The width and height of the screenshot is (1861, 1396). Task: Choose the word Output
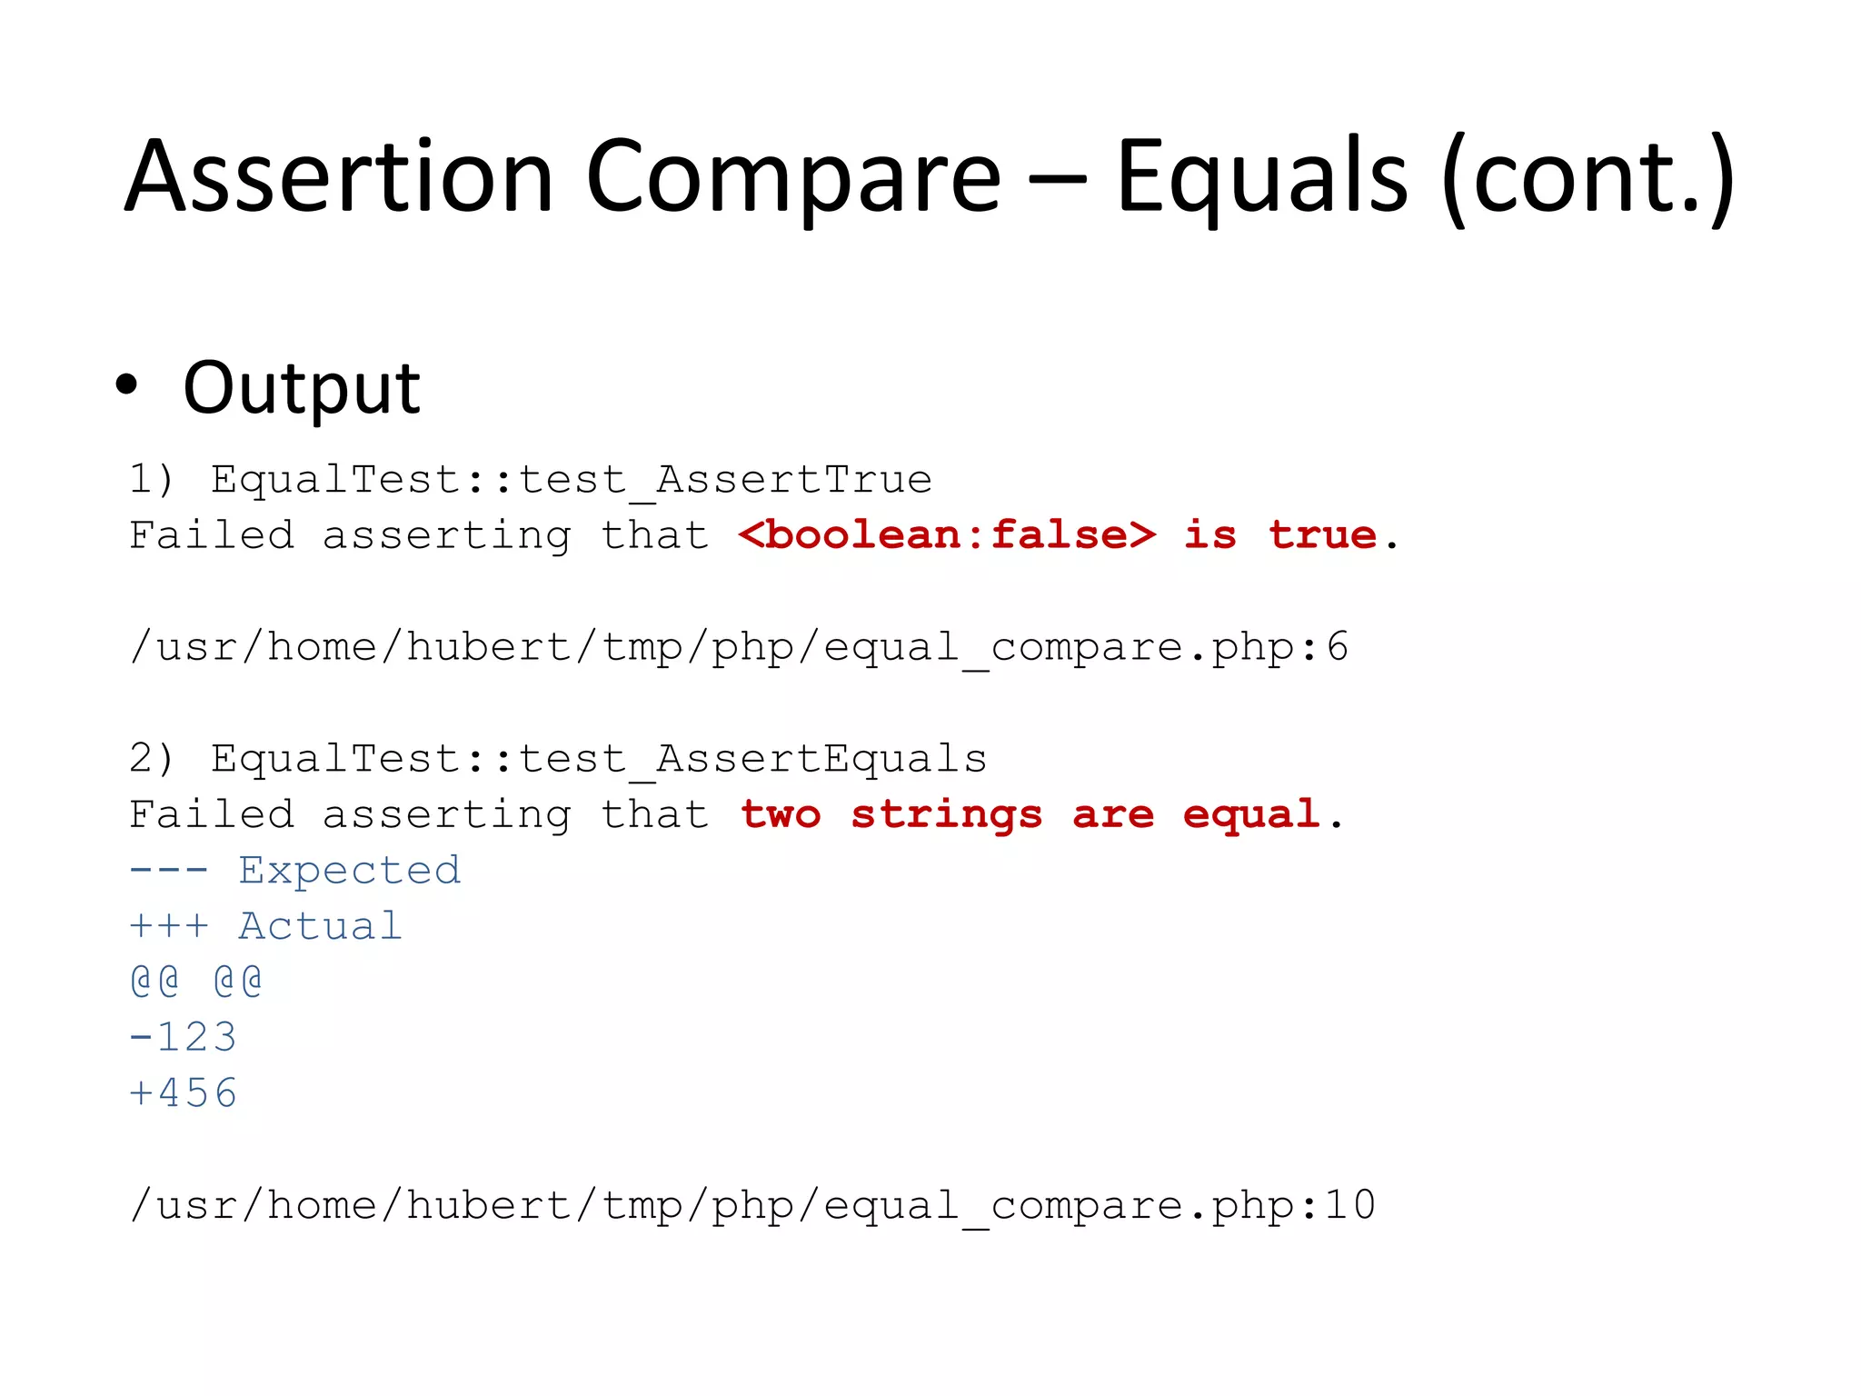tap(301, 389)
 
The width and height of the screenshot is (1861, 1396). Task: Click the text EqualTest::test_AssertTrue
tap(572, 480)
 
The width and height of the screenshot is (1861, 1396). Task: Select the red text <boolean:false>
tap(947, 534)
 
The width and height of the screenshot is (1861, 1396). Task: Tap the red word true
tap(1322, 534)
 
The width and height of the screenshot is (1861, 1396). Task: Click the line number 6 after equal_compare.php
tap(1338, 647)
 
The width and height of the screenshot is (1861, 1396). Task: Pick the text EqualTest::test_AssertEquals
tap(599, 759)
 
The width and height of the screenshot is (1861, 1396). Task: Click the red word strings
tap(946, 815)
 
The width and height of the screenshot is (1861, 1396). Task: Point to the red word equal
tap(1250, 814)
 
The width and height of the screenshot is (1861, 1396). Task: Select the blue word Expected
tap(350, 871)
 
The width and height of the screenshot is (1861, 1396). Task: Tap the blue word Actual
tap(320, 926)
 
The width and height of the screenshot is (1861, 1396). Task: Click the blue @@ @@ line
tap(196, 982)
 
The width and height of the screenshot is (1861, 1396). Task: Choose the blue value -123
tap(184, 1037)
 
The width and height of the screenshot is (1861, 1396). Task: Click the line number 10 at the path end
tap(1350, 1205)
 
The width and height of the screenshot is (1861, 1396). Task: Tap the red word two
tap(781, 814)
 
